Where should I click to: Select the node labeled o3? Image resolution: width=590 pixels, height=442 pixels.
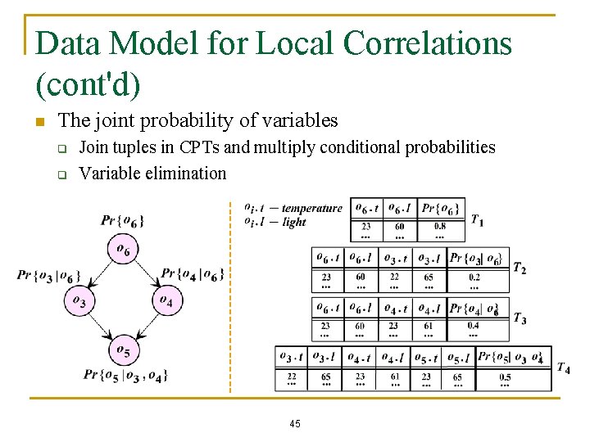[x=79, y=301]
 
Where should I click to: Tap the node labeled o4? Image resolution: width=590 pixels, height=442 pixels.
[x=166, y=301]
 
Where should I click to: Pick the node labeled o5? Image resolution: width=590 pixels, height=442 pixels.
[x=124, y=350]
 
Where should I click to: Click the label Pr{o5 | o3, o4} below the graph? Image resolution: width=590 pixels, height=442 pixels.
[x=125, y=375]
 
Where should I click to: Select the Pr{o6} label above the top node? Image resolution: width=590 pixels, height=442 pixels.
[x=124, y=221]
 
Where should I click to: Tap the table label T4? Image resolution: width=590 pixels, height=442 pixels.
[x=563, y=368]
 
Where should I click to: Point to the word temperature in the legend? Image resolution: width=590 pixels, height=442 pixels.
[x=311, y=208]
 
